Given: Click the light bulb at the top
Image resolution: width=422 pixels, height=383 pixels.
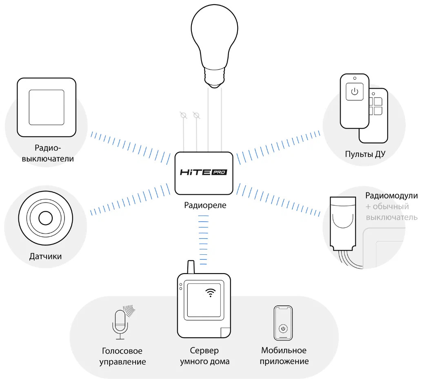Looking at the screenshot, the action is (215, 46).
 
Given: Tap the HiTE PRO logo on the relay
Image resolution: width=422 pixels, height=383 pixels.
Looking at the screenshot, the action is (204, 172).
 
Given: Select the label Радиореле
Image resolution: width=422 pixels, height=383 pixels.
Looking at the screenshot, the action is (205, 205).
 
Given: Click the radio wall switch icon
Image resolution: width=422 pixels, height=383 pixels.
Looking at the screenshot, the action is (47, 107).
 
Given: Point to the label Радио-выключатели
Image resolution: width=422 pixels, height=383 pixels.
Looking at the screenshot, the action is (48, 153).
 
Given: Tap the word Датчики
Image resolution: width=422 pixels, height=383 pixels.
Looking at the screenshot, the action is (45, 256).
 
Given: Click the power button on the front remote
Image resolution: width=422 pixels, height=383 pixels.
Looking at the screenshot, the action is (354, 91).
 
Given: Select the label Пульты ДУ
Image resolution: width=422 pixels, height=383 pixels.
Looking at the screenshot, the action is (365, 154).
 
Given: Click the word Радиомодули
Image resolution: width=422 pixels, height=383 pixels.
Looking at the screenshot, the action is (391, 196).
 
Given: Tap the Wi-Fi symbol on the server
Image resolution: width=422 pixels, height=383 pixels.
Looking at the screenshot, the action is (211, 292).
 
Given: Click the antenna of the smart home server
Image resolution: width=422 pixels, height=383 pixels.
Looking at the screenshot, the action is (191, 267).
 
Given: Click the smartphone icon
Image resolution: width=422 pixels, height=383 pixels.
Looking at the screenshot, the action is (283, 323).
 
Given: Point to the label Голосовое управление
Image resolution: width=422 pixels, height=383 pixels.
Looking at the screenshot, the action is (122, 356).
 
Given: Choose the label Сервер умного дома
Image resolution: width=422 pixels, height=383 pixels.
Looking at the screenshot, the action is (204, 356).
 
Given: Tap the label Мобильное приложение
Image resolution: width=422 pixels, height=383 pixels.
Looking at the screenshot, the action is (284, 356).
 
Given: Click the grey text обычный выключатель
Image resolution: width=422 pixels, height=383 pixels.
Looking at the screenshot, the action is (391, 212).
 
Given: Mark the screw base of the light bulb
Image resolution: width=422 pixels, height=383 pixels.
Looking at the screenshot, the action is (215, 78).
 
